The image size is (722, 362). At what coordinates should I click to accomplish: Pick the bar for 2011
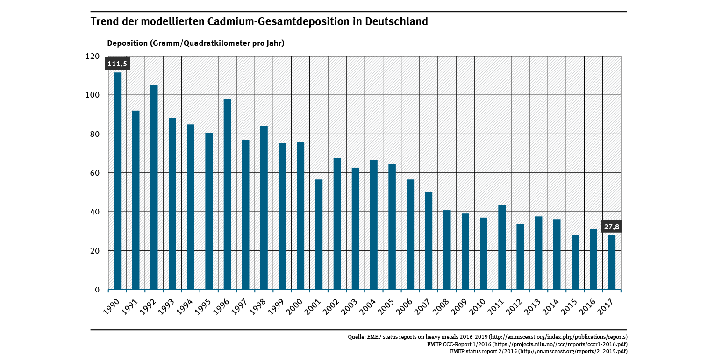pyautogui.click(x=502, y=247)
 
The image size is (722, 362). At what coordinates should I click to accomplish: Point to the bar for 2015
pyautogui.click(x=575, y=262)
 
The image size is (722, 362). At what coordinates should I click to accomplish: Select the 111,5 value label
pyautogui.click(x=117, y=64)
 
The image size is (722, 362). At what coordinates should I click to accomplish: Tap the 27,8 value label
pyautogui.click(x=611, y=227)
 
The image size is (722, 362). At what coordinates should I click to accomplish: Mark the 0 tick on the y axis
pyautogui.click(x=97, y=290)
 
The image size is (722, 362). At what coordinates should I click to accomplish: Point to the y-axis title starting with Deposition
pyautogui.click(x=196, y=43)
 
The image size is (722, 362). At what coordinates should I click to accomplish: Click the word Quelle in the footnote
pyautogui.click(x=357, y=337)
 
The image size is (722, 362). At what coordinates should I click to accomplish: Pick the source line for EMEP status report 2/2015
pyautogui.click(x=538, y=351)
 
